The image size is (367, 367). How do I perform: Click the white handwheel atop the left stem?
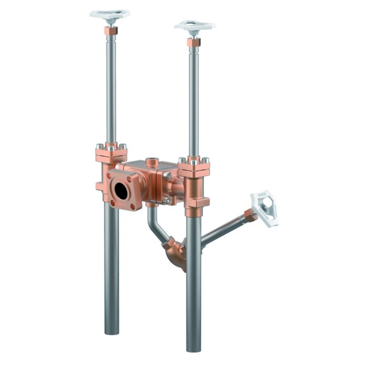pos(110,15)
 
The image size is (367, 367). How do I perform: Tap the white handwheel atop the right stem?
pos(195,26)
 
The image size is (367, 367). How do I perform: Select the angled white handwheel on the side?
pos(264,207)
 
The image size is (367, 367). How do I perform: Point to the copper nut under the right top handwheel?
pos(193,42)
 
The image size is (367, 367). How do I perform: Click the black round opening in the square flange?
pos(121,191)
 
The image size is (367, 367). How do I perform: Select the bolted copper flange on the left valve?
pos(111,153)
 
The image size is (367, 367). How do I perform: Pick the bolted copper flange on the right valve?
pos(194,167)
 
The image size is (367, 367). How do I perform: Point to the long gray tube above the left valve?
pos(111,89)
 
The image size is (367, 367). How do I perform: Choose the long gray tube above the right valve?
pos(193,100)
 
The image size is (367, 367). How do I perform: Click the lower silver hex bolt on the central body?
pos(167,199)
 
